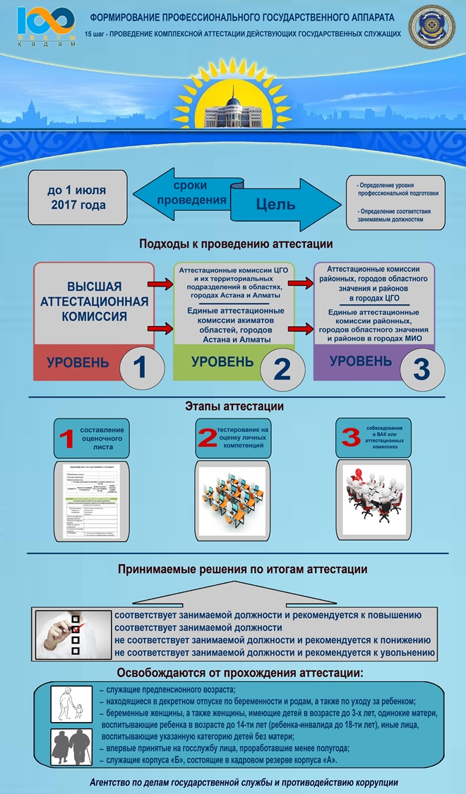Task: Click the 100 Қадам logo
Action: (45, 26)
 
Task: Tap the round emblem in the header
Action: (433, 26)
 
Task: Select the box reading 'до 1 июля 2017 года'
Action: (78, 198)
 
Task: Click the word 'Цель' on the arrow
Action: (275, 205)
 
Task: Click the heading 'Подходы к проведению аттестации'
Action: (236, 244)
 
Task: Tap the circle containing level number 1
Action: (142, 366)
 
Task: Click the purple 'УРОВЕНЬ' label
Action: (360, 361)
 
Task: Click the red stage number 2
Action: (207, 438)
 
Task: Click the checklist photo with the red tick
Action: (73, 633)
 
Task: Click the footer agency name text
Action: (244, 782)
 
